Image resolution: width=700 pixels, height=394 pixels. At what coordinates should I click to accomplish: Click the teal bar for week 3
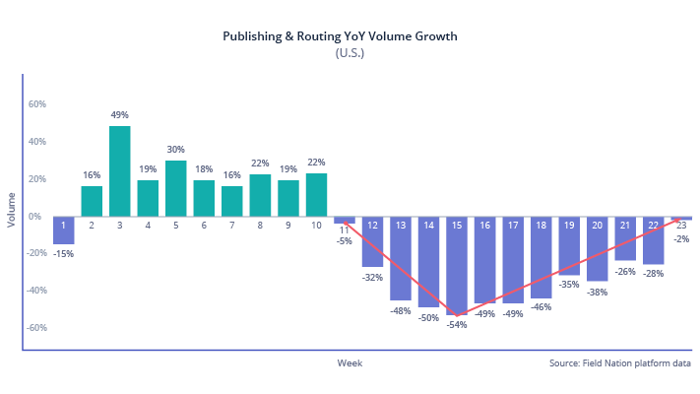pos(120,170)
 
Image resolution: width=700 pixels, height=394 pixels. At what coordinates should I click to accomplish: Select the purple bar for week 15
pos(457,265)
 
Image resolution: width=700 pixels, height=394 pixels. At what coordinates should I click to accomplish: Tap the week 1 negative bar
pos(63,230)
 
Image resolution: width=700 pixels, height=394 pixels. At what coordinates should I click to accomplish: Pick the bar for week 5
pos(176,188)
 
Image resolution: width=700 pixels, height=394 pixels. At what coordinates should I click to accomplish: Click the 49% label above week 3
pos(120,114)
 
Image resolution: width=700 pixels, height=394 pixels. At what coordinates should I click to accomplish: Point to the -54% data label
pos(457,324)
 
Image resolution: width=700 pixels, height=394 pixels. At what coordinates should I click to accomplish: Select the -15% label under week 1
pos(63,253)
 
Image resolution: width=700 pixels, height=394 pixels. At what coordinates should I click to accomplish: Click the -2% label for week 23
pos(681,237)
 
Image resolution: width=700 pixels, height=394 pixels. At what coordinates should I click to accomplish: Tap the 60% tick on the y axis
pos(36,103)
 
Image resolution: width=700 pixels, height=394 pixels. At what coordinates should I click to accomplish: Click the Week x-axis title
pos(350,363)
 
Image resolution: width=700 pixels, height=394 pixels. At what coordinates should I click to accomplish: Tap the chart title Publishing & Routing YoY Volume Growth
pos(340,36)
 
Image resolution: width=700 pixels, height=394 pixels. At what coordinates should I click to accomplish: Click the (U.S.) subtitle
pos(350,53)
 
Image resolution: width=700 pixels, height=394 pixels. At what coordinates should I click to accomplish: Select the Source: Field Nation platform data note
pos(620,363)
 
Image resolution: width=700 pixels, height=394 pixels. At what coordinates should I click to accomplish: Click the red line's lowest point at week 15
pos(457,316)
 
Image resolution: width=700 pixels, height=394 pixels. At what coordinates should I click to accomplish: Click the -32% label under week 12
pos(372,278)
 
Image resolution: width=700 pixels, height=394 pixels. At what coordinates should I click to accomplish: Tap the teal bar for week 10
pos(316,195)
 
